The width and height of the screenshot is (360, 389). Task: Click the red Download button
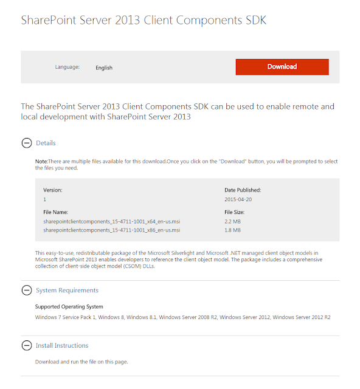282,67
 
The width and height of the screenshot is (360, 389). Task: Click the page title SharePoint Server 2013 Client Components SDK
144,21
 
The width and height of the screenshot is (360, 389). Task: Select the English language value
104,67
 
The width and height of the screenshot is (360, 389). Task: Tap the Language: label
67,67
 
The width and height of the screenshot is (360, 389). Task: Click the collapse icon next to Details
26,143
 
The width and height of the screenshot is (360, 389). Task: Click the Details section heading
46,143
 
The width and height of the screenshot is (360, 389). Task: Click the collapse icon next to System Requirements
26,291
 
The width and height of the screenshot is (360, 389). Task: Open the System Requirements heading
67,291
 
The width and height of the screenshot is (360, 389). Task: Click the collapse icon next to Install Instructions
26,345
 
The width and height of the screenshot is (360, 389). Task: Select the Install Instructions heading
62,345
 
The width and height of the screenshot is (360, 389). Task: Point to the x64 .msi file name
111,222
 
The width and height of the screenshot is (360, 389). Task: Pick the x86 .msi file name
111,230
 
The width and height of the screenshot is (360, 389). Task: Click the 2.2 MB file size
233,222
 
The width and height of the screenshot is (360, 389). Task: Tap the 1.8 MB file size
233,230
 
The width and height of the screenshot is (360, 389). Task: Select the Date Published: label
243,190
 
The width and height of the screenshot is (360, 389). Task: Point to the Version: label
52,190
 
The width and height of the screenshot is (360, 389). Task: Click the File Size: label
235,212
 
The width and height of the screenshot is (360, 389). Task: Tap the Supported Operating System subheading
69,307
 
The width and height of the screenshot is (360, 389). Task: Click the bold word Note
41,161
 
